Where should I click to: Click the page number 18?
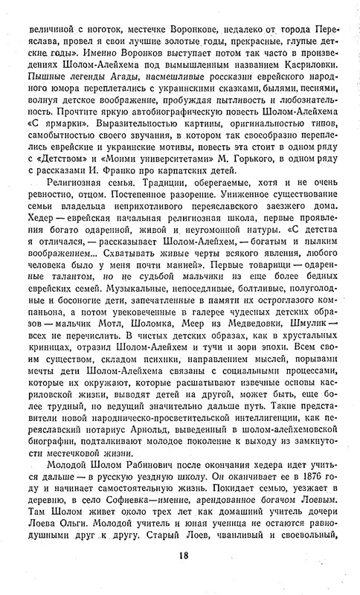(180, 573)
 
